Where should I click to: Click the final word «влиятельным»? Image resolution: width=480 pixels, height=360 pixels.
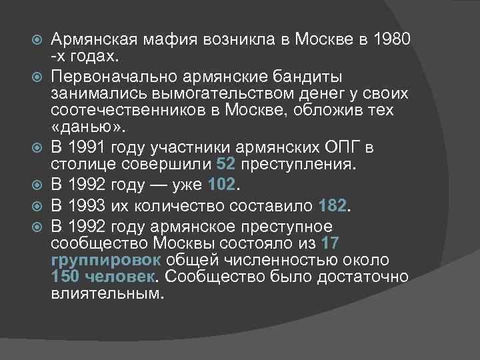106,292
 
